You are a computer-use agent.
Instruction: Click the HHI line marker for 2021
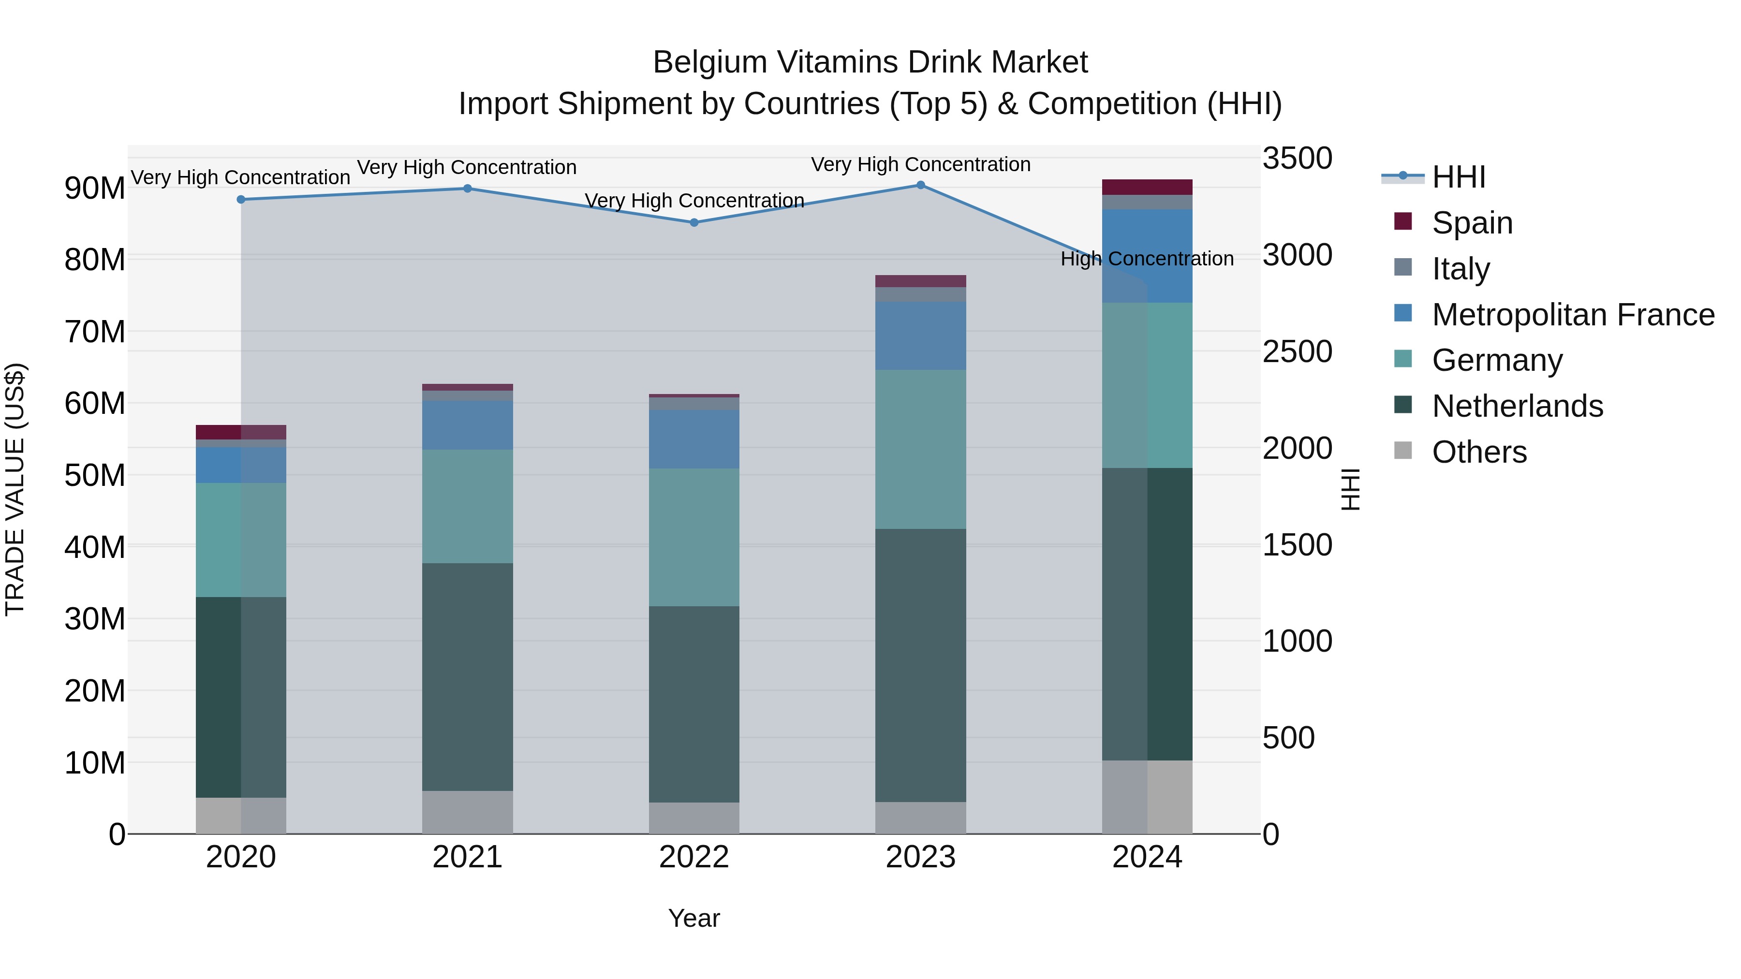467,189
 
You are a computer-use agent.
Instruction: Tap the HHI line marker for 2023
920,185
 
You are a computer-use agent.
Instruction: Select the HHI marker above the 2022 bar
694,222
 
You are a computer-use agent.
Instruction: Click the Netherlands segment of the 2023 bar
920,666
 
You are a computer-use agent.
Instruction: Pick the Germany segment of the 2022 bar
694,537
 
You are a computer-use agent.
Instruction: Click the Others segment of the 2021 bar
467,812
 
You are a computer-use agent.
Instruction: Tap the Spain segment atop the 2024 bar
1147,187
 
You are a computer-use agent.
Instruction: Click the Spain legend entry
1472,223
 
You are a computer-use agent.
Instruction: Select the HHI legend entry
1459,177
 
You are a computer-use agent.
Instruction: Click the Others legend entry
1479,452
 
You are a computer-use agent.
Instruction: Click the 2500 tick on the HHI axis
1297,352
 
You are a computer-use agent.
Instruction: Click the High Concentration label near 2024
1147,259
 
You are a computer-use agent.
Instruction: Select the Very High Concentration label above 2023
920,165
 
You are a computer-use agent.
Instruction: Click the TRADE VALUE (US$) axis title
15,489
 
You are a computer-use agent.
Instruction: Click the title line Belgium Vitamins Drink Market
870,63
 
